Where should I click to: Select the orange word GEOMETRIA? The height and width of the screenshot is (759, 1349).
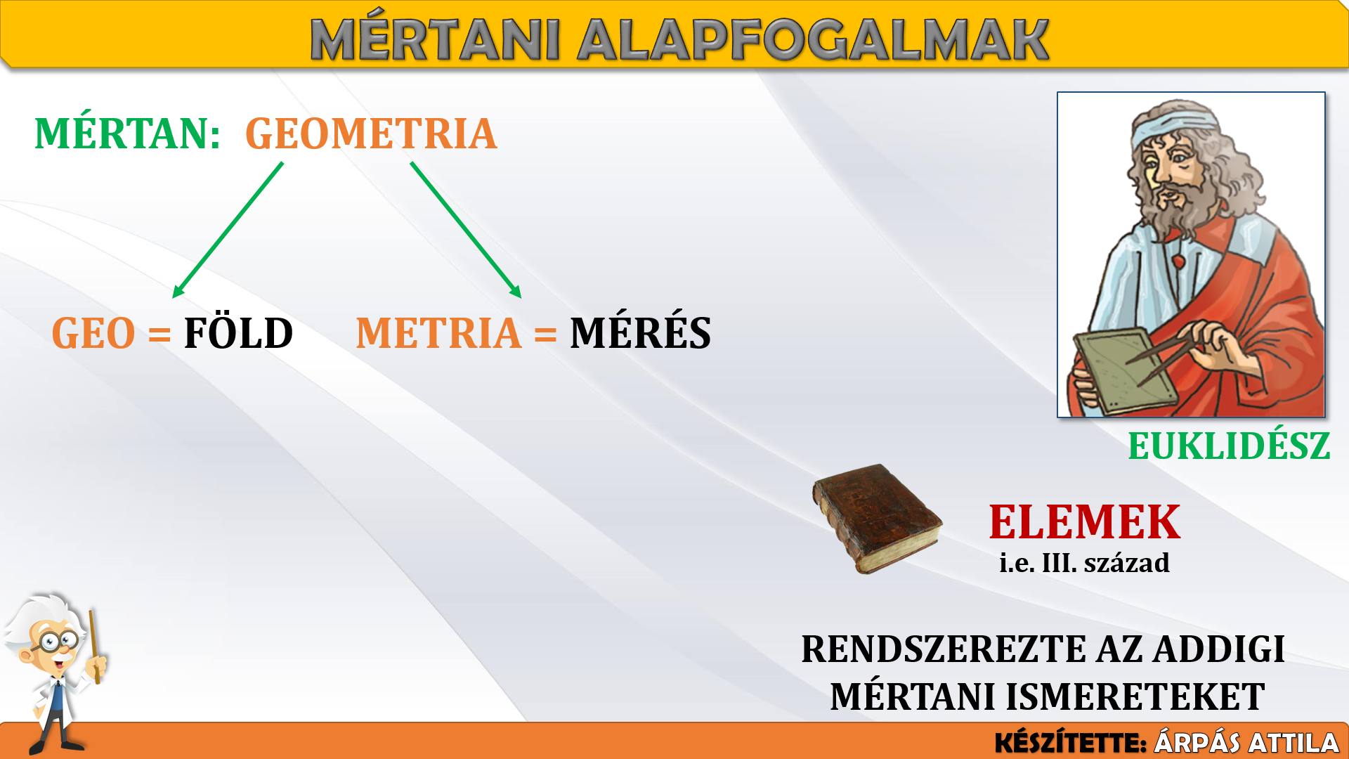tap(371, 134)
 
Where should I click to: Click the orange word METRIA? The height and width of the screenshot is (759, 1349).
tap(438, 332)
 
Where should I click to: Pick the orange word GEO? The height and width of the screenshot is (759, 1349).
tap(93, 333)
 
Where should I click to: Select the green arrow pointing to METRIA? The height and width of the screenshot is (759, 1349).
tap(467, 231)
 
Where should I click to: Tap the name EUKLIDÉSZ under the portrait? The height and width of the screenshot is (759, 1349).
tap(1229, 446)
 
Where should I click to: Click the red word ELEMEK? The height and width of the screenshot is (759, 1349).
tap(1084, 521)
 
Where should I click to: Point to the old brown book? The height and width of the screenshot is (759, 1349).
tap(878, 518)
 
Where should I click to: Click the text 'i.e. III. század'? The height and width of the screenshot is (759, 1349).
tap(1084, 563)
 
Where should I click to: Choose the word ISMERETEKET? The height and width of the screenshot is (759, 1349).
tap(1136, 696)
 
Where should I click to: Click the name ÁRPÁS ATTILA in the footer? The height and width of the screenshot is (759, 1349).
tap(1247, 743)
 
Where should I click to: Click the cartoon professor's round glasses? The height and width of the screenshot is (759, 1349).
tap(58, 640)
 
